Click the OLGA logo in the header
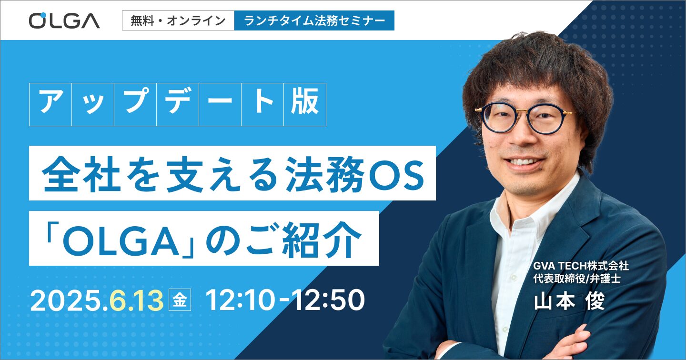(64, 20)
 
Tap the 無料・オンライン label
(178, 20)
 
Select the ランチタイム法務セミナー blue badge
(314, 20)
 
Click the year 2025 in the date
(68, 300)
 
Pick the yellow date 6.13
(136, 300)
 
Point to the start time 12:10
(240, 300)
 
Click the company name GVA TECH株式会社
(581, 266)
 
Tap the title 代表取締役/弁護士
(577, 279)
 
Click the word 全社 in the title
(81, 174)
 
